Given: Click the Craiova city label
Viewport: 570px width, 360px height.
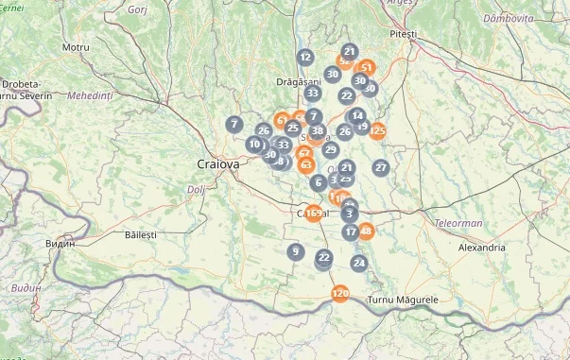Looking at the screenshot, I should coord(218,163).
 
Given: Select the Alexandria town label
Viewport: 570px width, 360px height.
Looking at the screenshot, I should coord(481,248).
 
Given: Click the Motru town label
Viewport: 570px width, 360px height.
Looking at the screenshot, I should coord(75,46).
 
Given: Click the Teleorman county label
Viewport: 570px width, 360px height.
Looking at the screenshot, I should coord(458,224).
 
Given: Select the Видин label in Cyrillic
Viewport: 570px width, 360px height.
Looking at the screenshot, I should coord(60,244).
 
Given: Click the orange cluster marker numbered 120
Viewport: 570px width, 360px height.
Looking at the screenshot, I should coord(340,294).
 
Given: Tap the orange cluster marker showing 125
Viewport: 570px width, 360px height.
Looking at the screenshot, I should coord(378,130).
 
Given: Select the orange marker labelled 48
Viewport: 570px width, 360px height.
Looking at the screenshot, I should coord(366,231).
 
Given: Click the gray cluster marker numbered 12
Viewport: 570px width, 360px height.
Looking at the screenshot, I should coord(304,58).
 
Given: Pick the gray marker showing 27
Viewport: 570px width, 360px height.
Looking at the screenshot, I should coord(381,167).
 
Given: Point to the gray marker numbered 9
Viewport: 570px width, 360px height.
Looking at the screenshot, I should coord(296,251).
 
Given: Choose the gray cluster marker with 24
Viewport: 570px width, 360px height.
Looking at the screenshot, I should coord(358,262).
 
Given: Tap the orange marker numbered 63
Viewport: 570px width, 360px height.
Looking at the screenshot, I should coord(305,164).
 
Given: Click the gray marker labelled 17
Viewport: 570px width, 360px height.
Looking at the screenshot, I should coord(351,231).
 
